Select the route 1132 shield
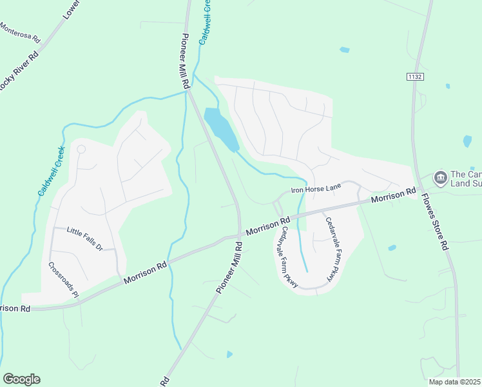(414, 77)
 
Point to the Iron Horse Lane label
(315, 188)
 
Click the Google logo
(21, 379)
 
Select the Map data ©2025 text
(454, 382)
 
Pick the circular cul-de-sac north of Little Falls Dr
(81, 149)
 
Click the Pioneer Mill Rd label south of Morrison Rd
(229, 268)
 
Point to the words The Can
(466, 174)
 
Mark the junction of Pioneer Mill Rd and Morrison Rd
(239, 235)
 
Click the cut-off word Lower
(72, 9)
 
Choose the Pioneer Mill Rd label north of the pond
(186, 61)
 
